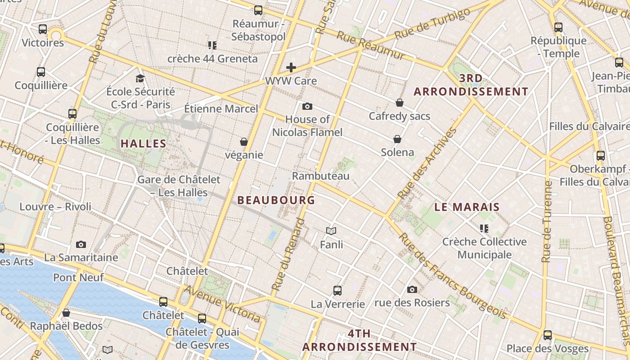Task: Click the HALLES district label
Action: click(144, 144)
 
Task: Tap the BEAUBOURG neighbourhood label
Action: click(276, 200)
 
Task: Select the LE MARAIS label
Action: click(467, 207)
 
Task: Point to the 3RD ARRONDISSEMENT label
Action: click(471, 85)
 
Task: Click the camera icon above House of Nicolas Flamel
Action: click(307, 107)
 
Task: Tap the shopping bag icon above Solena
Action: click(397, 139)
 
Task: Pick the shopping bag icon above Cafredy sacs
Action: click(399, 103)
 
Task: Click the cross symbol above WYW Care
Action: click(291, 68)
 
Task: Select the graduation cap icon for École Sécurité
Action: click(140, 78)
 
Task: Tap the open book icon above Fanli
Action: click(331, 231)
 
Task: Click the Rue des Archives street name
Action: click(427, 164)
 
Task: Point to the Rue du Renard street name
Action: click(288, 254)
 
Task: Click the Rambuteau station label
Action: click(321, 176)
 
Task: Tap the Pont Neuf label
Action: click(78, 277)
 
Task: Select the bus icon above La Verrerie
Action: click(337, 291)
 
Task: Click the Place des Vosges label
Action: click(548, 348)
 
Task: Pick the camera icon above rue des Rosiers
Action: click(412, 289)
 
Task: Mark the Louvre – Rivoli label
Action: click(55, 207)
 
